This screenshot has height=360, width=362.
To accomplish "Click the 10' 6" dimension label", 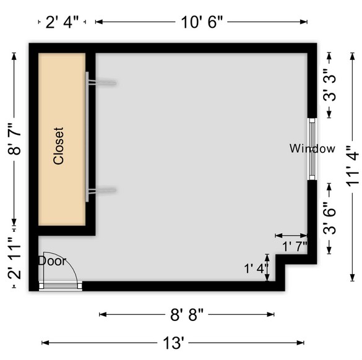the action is click(202, 22).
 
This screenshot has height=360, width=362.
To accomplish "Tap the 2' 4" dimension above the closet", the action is click(62, 22).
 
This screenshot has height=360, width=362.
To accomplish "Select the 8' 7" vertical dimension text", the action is click(14, 139).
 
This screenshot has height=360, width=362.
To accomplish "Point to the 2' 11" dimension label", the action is click(14, 258).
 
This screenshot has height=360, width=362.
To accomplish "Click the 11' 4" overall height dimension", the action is click(352, 166).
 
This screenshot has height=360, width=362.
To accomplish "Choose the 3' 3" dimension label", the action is click(329, 85).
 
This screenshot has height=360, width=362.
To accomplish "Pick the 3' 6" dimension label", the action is click(329, 218).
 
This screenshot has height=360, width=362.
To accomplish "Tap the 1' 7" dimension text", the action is click(295, 246).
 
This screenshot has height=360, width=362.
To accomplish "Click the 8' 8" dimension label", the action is click(187, 315).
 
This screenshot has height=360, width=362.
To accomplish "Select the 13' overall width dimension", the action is click(173, 343).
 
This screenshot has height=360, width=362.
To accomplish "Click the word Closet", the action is click(58, 146).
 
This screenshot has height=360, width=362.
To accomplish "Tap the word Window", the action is click(312, 148).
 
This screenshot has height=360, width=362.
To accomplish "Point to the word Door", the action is click(53, 261).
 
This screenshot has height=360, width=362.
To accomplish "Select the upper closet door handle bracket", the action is click(102, 83).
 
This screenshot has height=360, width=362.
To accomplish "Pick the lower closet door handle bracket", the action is click(102, 191).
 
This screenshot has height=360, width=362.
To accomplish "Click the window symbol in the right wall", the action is click(312, 149).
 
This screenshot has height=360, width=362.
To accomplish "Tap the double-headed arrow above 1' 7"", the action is click(291, 236).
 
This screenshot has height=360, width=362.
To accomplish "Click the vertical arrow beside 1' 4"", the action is click(267, 267).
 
